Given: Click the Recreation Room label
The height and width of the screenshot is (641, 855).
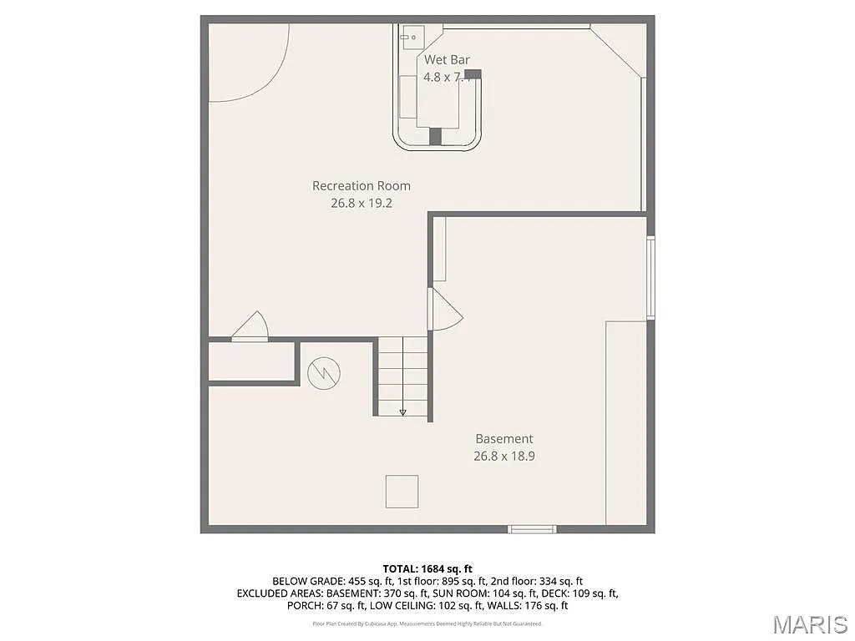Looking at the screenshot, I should (361, 185).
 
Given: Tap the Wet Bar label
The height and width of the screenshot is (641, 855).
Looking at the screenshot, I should (447, 59).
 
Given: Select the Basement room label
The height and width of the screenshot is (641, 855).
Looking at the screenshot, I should (503, 438).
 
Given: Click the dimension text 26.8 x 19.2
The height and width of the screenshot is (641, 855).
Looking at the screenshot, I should (361, 203).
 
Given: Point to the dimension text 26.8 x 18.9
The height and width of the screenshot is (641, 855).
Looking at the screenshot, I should (503, 456).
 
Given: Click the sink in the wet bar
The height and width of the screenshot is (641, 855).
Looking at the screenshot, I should (412, 36).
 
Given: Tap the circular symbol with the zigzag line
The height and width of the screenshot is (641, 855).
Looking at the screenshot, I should (323, 373).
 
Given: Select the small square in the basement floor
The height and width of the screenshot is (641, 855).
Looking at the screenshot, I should (402, 492).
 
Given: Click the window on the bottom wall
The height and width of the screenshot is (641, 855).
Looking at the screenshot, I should (533, 528).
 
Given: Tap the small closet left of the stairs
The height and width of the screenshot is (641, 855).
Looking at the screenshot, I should (252, 362).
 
